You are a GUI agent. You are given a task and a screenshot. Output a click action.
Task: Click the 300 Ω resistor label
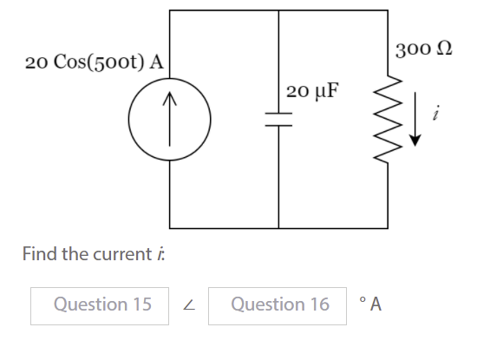422,47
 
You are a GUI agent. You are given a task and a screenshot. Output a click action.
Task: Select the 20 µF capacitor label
312,90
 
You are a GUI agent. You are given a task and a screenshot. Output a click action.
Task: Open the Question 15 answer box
101,304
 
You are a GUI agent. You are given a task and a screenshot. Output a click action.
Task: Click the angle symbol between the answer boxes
189,305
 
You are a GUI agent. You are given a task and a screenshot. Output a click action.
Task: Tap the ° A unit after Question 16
370,304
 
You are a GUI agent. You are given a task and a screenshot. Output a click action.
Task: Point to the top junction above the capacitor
278,10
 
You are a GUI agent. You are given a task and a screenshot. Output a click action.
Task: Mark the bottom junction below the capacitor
278,227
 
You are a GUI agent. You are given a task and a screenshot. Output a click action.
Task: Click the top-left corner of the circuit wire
169,10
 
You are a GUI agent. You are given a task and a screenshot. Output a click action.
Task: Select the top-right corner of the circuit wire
387,10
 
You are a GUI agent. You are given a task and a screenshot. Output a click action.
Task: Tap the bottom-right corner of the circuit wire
387,227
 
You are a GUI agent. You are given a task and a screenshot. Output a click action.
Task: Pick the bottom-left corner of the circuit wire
169,227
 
